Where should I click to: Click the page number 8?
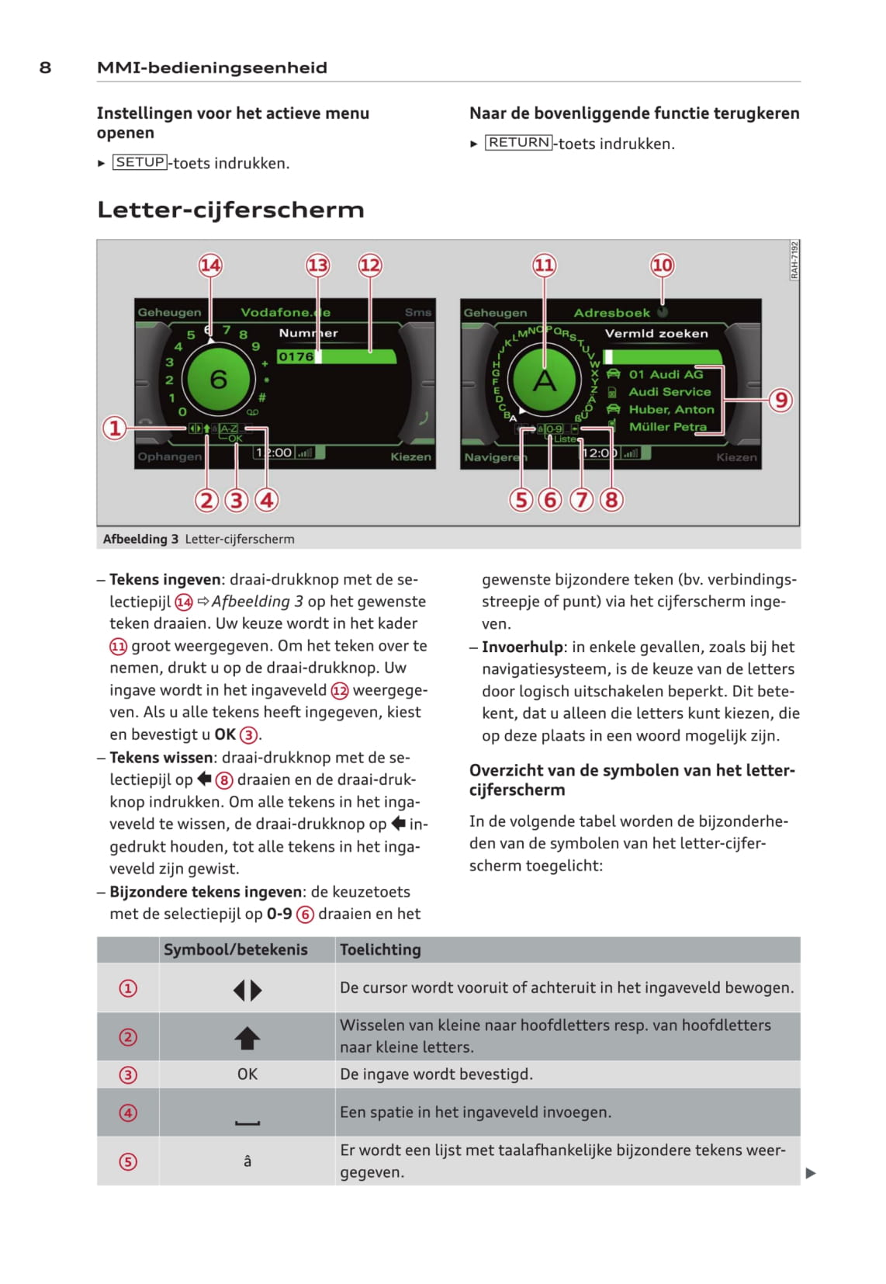click(x=45, y=68)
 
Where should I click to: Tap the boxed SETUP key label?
click(x=140, y=162)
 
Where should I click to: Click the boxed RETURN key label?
click(x=519, y=143)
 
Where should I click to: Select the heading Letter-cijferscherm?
click(x=230, y=210)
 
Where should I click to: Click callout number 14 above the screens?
click(x=210, y=265)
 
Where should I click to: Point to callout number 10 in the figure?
click(x=662, y=265)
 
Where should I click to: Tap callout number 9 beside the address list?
click(x=780, y=400)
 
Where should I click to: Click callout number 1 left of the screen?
click(x=115, y=428)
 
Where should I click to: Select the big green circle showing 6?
click(x=218, y=380)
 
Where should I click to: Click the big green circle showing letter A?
click(x=545, y=380)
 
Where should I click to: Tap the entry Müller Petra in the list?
click(x=667, y=427)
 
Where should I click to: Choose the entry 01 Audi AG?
click(x=666, y=374)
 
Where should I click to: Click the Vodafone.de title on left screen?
click(x=285, y=312)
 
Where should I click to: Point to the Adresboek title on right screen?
click(x=611, y=313)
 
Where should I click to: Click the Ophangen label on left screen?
click(x=169, y=456)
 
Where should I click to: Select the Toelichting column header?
click(x=380, y=949)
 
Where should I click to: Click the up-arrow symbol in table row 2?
click(x=247, y=1038)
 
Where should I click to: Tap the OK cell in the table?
click(x=247, y=1074)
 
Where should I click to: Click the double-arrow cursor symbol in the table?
click(x=247, y=990)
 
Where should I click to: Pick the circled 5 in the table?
click(x=128, y=1162)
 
